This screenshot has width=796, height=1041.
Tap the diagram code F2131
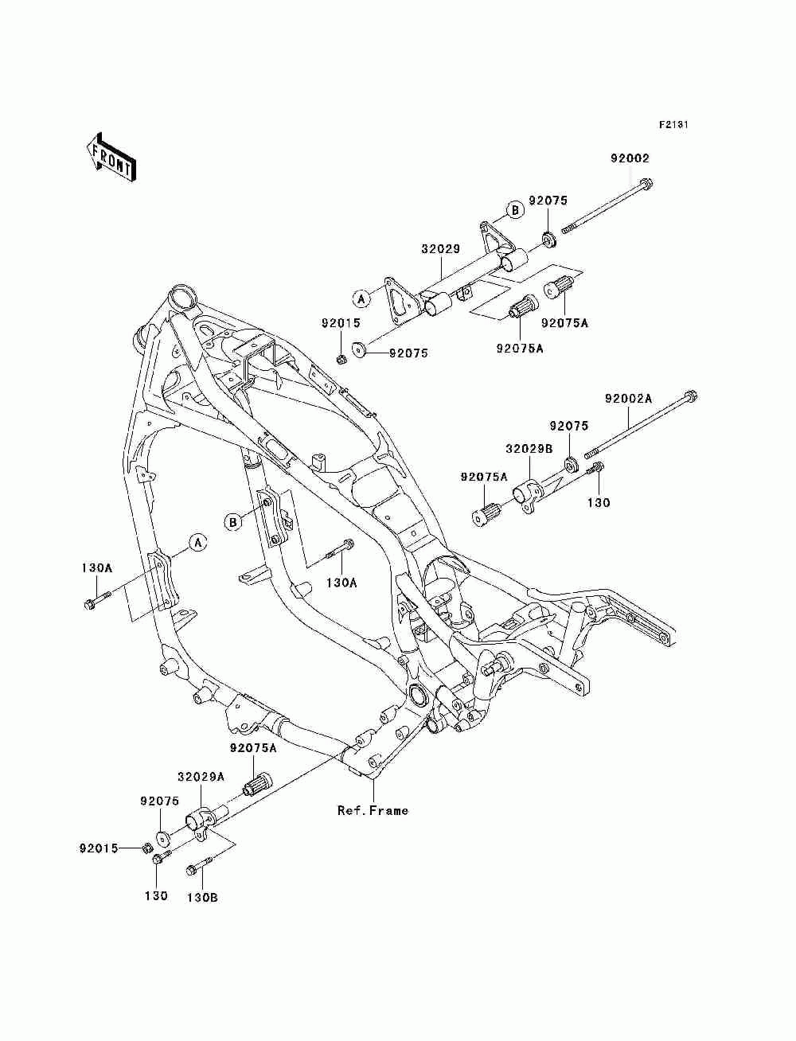point(673,125)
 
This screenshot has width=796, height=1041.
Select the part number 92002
point(630,158)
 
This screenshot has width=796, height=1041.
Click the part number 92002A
point(628,399)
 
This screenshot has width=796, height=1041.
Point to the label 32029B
point(529,448)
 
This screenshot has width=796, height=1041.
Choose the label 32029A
point(201,777)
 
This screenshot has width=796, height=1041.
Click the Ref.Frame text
point(373,810)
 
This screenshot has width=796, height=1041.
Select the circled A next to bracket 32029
point(361,298)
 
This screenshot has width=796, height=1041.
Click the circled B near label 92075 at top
point(515,209)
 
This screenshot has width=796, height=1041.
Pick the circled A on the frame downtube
point(198,542)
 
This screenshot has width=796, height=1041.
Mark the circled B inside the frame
point(233,522)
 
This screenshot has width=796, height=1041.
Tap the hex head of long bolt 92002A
point(690,396)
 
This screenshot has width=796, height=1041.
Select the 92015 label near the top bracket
point(341,323)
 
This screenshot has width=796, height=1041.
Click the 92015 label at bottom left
point(99,848)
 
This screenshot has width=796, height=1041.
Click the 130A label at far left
point(97,567)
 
